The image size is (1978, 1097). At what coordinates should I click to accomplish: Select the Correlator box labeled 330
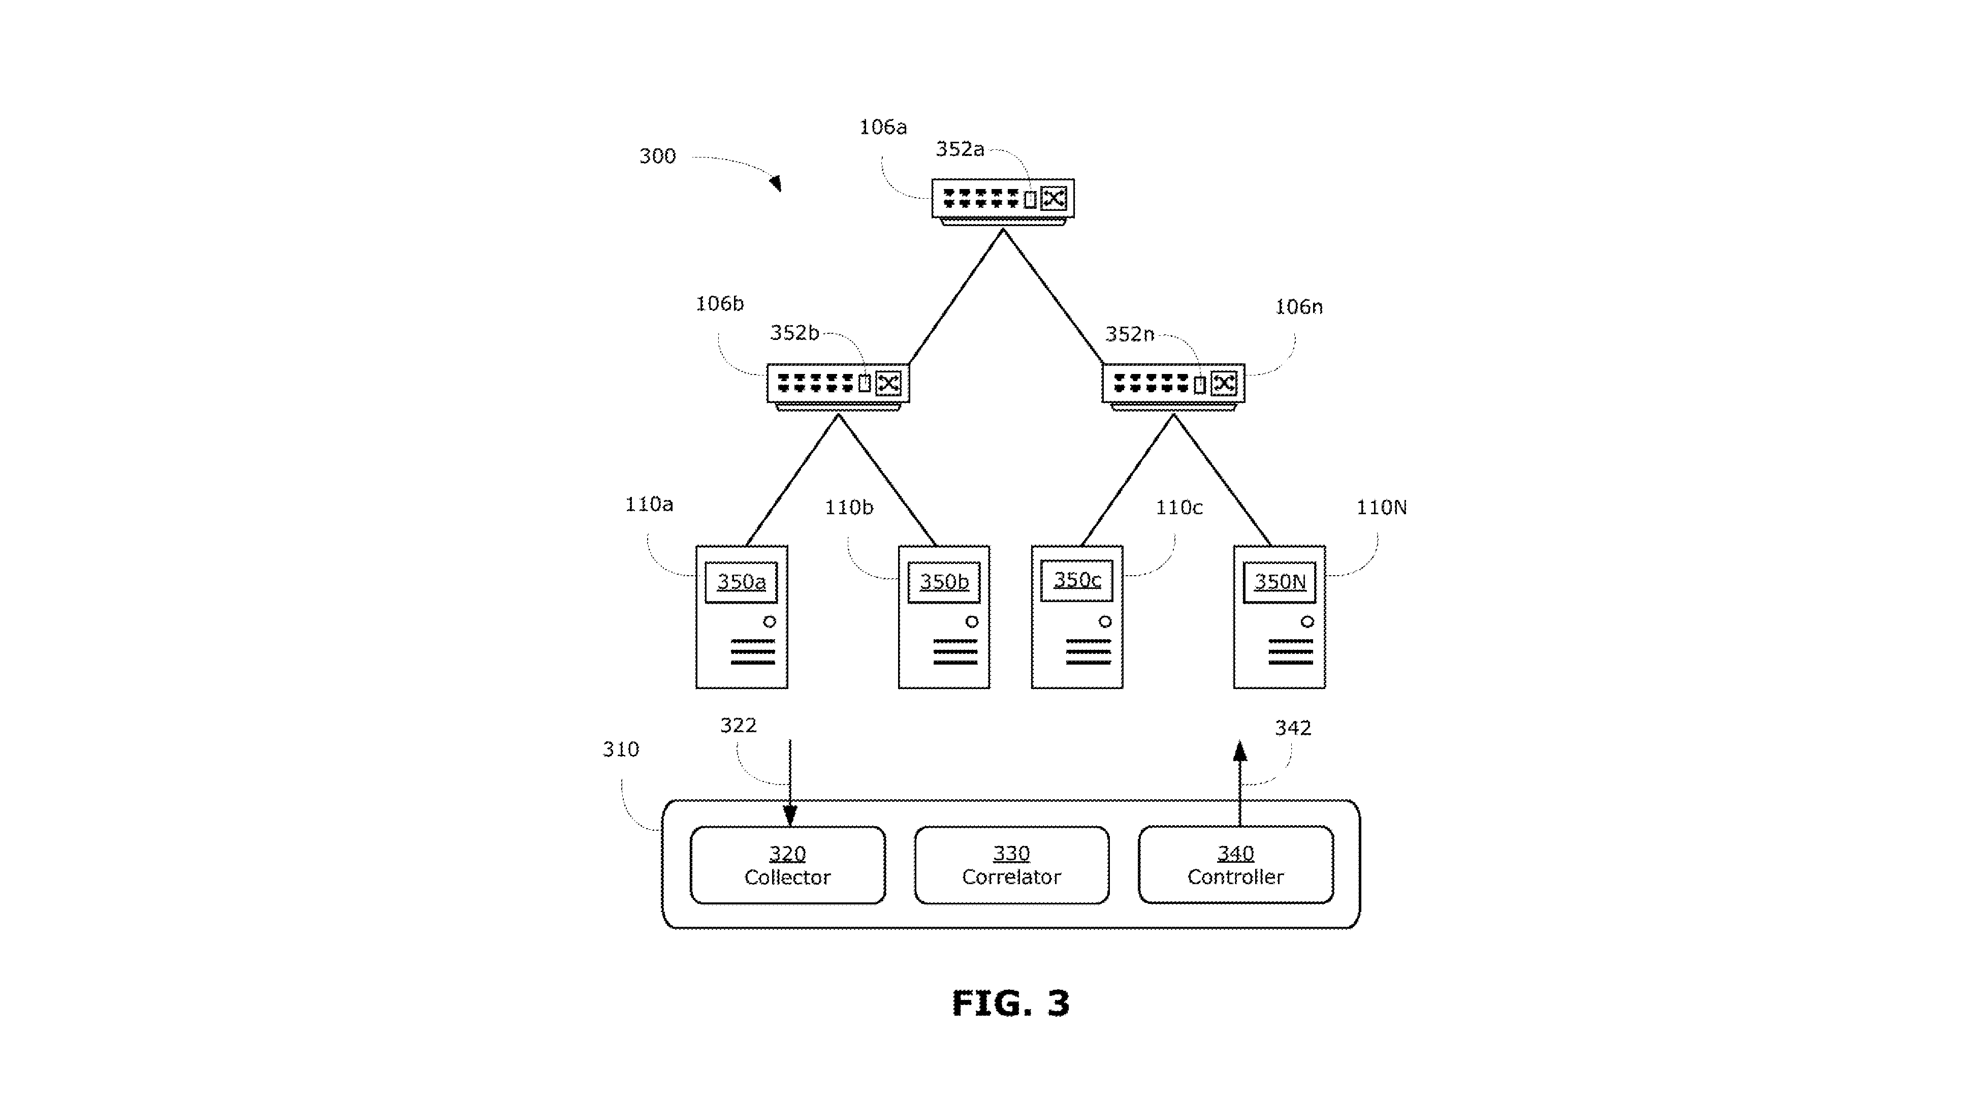(1011, 865)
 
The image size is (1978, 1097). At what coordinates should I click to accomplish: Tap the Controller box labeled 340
(1235, 865)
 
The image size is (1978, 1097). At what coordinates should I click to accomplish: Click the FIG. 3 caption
(1010, 1004)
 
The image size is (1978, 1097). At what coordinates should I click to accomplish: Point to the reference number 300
(657, 156)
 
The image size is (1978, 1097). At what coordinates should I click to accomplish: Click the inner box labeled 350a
(741, 582)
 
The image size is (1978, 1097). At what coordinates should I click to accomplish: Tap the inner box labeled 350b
(944, 582)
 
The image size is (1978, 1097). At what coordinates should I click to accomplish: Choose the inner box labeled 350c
(1076, 580)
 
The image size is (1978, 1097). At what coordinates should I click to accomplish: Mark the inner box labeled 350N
(1279, 582)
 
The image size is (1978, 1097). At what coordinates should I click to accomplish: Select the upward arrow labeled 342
(1239, 783)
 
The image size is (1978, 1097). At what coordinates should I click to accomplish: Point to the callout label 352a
(960, 149)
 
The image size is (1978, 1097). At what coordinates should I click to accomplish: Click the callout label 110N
(1381, 507)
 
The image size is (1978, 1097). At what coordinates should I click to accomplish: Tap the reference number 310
(620, 749)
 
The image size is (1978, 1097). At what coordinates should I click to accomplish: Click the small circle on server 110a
(770, 621)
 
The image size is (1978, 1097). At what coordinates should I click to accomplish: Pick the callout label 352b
(795, 333)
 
